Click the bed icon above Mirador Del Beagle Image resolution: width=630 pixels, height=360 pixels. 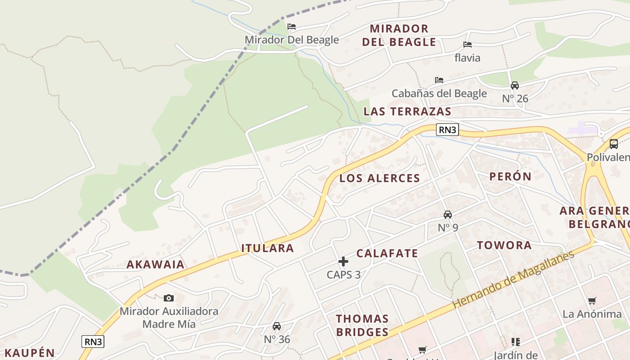click(292, 27)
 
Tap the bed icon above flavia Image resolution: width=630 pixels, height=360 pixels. click(468, 45)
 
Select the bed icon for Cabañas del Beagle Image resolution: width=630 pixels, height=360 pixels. click(439, 80)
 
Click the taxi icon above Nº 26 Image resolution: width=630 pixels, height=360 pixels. click(515, 85)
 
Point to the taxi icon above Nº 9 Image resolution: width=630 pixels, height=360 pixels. click(448, 214)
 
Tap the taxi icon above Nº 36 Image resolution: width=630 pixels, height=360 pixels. click(277, 326)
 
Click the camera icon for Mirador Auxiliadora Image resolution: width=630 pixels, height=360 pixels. click(169, 298)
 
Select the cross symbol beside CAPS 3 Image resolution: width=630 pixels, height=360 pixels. click(343, 261)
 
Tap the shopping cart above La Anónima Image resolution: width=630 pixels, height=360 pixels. click(592, 301)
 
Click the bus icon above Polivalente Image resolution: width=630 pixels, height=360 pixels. click(613, 144)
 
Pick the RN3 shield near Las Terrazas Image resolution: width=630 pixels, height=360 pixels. click(448, 130)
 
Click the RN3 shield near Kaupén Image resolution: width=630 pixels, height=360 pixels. click(93, 342)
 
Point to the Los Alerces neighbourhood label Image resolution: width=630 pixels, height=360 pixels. click(379, 178)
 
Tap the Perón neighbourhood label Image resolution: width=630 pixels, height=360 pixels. click(510, 176)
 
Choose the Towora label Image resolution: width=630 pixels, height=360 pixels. click(504, 245)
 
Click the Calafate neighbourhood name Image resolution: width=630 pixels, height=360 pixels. click(387, 253)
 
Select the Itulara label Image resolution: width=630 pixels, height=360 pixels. click(267, 248)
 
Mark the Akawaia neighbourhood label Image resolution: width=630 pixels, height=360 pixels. click(155, 265)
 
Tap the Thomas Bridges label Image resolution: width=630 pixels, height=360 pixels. click(362, 325)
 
